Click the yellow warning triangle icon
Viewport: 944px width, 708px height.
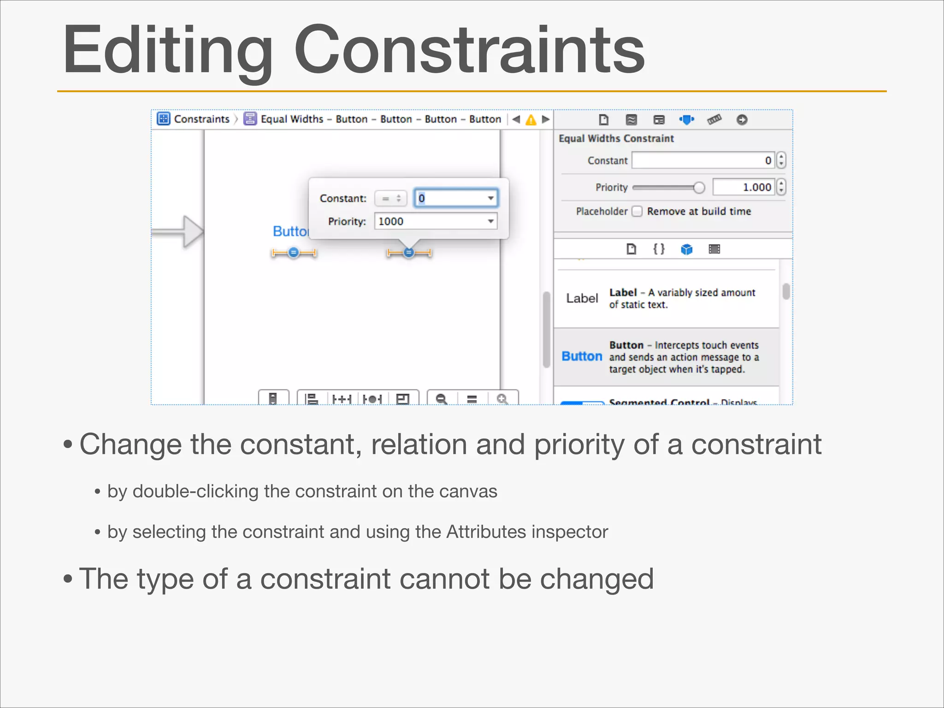[531, 120]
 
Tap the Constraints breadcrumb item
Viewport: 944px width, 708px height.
[201, 119]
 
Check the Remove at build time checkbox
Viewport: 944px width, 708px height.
[637, 211]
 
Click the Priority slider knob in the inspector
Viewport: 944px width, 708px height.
[699, 187]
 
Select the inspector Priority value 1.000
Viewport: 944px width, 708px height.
[743, 187]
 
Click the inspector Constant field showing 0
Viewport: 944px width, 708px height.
[702, 160]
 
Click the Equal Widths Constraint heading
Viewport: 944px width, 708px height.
[616, 138]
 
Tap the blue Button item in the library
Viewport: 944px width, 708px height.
[582, 356]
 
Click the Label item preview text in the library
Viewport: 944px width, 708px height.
[582, 298]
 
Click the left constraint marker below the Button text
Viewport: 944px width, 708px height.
[294, 253]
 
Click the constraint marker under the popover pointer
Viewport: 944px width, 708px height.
[408, 253]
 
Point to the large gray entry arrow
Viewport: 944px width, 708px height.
[180, 231]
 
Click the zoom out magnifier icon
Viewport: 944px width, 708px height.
[442, 398]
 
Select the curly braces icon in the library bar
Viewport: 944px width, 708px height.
[659, 249]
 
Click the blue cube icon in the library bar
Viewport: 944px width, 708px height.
[687, 249]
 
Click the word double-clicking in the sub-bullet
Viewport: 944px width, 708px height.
[195, 491]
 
